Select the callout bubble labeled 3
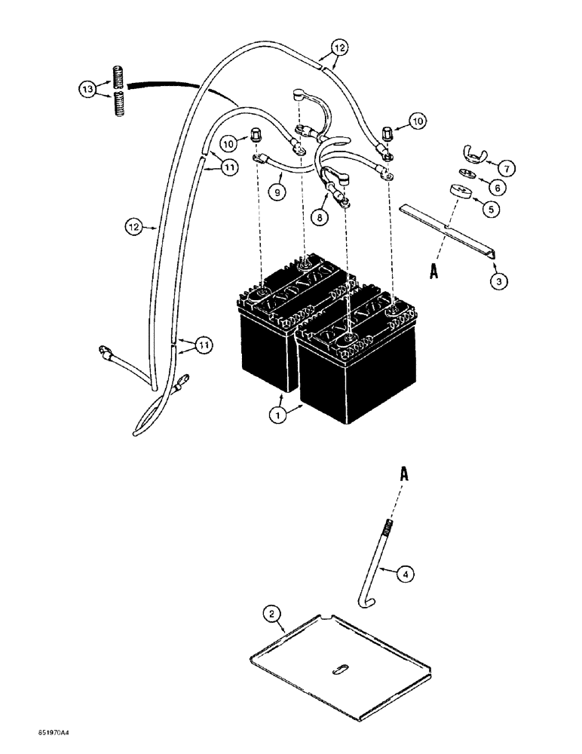coord(499,280)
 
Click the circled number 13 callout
coord(87,90)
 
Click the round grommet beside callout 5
coord(461,192)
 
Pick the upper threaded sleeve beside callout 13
coord(119,77)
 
